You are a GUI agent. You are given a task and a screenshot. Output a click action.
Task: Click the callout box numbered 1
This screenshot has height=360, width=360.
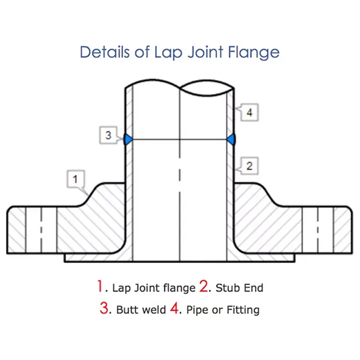(x=76, y=179)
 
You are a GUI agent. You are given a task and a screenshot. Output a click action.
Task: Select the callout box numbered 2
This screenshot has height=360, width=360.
(x=249, y=165)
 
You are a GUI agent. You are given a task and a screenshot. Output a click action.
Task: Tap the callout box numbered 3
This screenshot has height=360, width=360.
(x=108, y=135)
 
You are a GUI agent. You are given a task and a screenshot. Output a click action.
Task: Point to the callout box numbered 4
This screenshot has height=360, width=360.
(x=249, y=113)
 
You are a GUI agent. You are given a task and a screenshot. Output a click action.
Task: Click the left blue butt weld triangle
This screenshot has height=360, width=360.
(x=128, y=139)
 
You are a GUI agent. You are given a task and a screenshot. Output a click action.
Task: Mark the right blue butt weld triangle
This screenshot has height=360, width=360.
(x=232, y=139)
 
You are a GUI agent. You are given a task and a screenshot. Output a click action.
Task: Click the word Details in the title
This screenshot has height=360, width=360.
(x=104, y=52)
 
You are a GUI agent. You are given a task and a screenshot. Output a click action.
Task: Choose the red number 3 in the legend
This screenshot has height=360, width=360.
(x=104, y=309)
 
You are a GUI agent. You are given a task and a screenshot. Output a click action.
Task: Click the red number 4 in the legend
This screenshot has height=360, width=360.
(x=174, y=309)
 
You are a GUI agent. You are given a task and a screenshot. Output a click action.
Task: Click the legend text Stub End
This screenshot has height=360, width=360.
(x=239, y=288)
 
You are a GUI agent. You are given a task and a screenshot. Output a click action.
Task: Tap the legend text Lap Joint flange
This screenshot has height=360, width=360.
(x=154, y=288)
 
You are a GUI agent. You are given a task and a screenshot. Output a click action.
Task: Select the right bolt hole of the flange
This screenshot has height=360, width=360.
(x=318, y=230)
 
